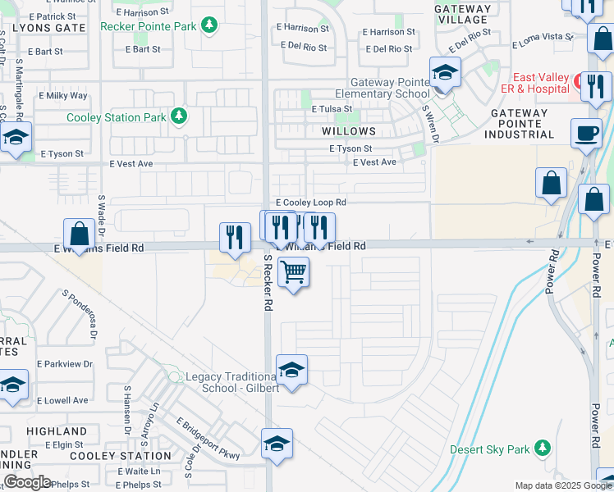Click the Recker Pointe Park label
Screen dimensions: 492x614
pyautogui.click(x=149, y=26)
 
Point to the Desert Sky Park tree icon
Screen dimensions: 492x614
pyautogui.click(x=541, y=449)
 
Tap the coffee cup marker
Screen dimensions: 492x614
pyautogui.click(x=586, y=133)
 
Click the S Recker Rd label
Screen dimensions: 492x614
pyautogui.click(x=268, y=282)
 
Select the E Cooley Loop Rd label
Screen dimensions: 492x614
pyautogui.click(x=311, y=202)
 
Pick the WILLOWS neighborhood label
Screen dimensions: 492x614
pyautogui.click(x=349, y=131)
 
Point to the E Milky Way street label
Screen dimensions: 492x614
pyautogui.click(x=66, y=96)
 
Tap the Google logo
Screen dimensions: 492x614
pyautogui.click(x=27, y=481)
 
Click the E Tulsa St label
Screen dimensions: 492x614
pyautogui.click(x=332, y=108)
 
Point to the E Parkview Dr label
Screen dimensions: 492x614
pyautogui.click(x=65, y=364)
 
